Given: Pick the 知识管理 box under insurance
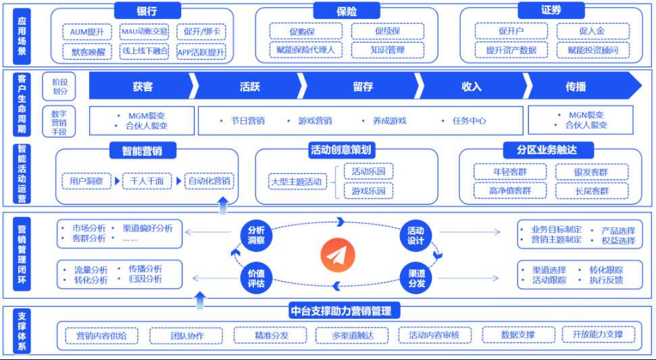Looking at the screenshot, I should point(387,50).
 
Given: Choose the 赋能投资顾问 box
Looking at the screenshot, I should point(592,50).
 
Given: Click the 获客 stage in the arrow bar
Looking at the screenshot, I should point(143,86).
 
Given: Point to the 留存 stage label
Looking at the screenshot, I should point(363,86).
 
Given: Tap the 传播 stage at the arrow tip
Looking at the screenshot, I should point(576,86).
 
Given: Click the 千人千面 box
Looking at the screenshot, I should point(147,181).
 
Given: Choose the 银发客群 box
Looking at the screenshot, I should point(591,172).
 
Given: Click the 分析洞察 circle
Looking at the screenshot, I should point(256,234).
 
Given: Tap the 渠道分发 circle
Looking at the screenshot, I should point(417,278).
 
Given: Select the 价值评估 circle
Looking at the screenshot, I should point(256,278).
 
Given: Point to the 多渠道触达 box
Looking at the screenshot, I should point(352,335).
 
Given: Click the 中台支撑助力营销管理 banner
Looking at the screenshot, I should point(345,311).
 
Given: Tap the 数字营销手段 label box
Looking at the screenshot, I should point(59,122).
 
